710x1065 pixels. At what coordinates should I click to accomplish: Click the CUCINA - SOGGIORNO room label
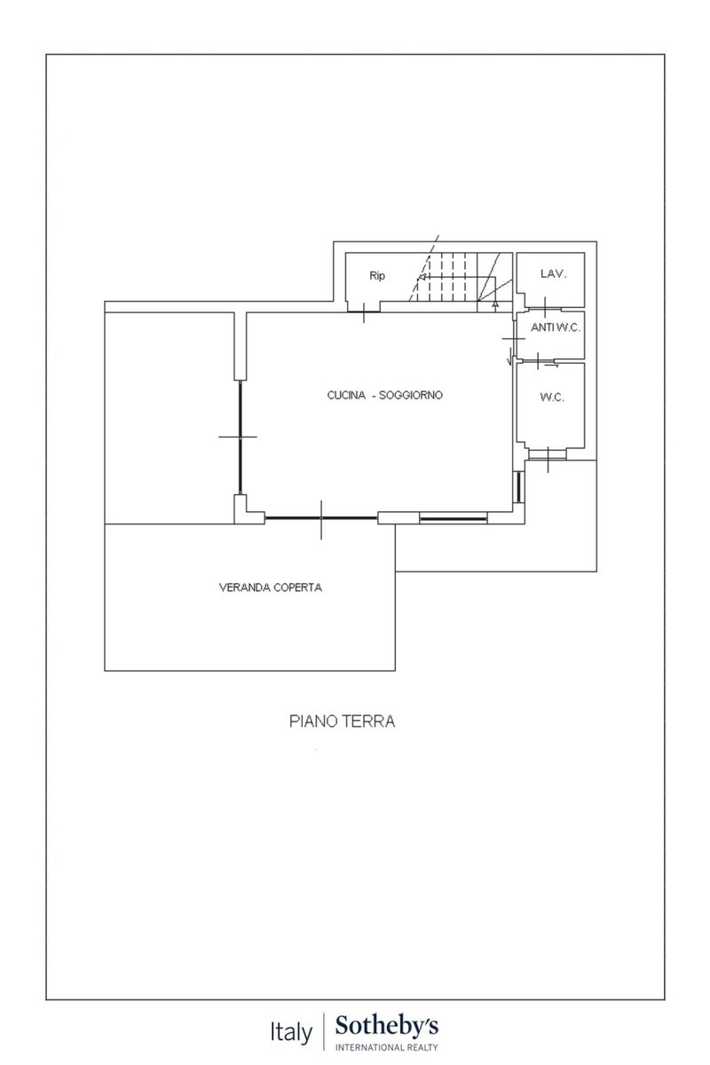(384, 395)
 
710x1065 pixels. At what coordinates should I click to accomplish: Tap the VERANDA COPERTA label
(270, 588)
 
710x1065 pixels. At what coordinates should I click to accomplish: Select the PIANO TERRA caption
(342, 721)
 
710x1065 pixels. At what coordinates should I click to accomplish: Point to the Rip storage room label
(377, 276)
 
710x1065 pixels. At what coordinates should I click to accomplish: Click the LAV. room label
(553, 274)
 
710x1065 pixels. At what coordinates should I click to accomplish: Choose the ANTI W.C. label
(556, 327)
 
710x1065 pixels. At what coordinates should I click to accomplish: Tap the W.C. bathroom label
(552, 398)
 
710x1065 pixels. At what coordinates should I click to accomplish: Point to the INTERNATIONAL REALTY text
(387, 1047)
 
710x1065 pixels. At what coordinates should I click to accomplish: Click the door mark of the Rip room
(364, 312)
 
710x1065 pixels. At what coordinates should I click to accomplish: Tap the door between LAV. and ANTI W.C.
(545, 308)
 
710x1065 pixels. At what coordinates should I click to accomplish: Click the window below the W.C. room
(548, 455)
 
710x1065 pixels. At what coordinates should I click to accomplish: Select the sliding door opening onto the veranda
(321, 517)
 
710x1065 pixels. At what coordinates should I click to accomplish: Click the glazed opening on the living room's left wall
(241, 437)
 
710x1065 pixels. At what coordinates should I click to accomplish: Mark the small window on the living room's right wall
(519, 487)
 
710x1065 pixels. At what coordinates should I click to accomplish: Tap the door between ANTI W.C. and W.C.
(538, 361)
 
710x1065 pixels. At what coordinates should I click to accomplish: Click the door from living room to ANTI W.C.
(514, 338)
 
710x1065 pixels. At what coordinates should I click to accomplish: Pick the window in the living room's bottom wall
(454, 518)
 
